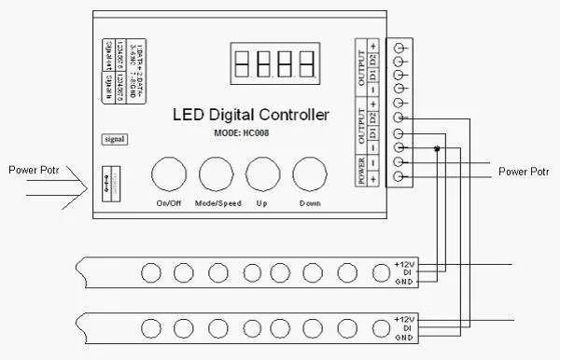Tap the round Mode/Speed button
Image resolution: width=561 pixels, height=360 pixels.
click(217, 174)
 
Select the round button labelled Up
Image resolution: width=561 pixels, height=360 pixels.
click(262, 174)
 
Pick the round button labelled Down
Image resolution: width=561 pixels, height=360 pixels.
click(310, 174)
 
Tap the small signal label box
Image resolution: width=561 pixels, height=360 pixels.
click(114, 140)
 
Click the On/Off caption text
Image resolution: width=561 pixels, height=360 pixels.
click(169, 202)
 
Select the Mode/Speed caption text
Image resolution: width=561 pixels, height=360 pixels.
click(216, 202)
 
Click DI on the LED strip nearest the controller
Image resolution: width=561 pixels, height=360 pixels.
click(403, 273)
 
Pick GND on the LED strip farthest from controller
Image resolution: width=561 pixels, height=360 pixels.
click(403, 337)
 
